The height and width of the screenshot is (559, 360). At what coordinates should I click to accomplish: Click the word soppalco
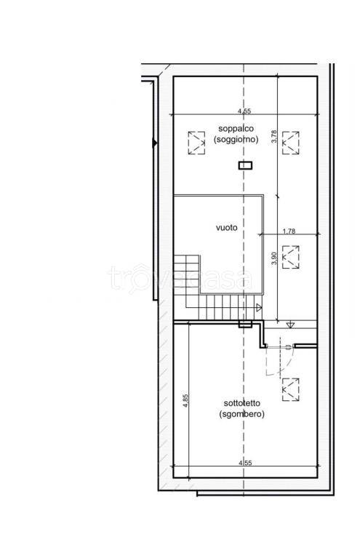236,128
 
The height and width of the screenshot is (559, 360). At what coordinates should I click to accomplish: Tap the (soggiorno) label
236,140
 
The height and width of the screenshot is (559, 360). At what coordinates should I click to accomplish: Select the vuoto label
226,227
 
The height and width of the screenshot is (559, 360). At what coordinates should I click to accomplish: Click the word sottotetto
241,403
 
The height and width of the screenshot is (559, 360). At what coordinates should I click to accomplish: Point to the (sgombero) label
241,414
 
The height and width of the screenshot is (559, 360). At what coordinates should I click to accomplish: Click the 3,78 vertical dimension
274,137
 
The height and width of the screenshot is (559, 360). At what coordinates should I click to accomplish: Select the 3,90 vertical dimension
274,258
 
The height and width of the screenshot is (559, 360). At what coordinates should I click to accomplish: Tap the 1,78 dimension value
289,231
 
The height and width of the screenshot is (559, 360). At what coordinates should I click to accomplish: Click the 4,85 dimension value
185,400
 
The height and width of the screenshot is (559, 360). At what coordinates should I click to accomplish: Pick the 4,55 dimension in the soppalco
244,111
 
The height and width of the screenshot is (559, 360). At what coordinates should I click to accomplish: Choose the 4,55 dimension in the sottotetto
245,463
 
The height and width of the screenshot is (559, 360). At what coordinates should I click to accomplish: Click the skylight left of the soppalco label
196,143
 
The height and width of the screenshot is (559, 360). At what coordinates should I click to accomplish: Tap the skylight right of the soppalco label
291,143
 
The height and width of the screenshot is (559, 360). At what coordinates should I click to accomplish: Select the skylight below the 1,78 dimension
291,257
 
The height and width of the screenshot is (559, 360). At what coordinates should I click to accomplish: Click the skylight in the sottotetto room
291,389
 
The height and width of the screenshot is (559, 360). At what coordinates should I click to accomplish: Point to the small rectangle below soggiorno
245,165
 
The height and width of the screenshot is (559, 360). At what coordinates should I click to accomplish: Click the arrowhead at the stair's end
259,307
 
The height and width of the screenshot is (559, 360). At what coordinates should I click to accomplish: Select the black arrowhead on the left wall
154,143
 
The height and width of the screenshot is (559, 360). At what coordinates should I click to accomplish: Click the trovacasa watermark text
180,279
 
